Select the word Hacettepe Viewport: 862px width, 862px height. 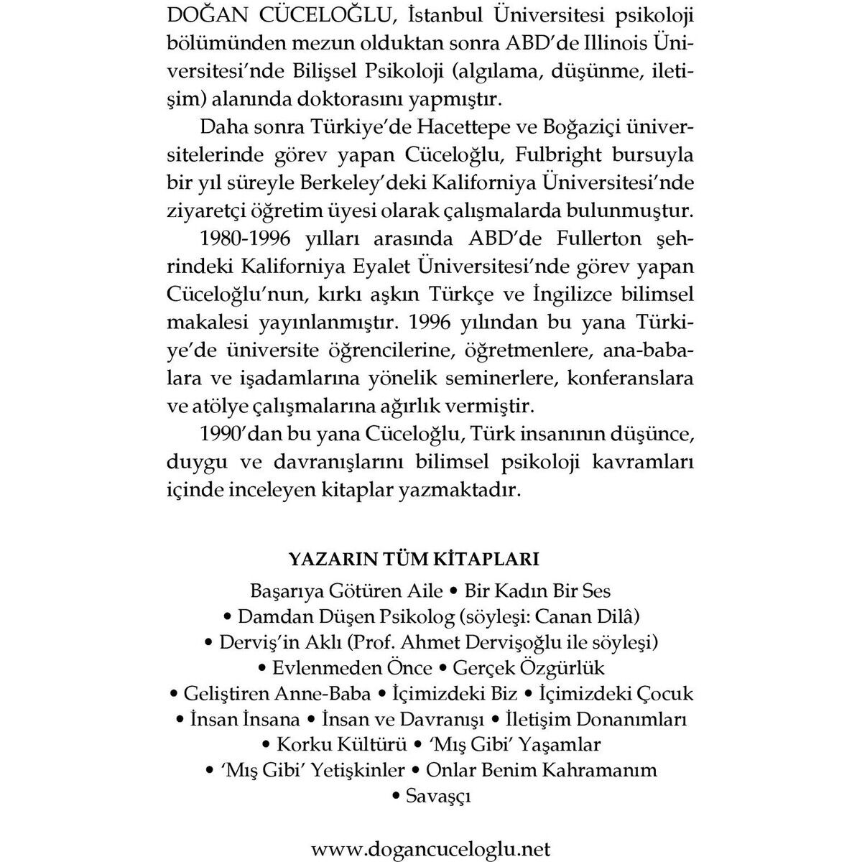click(x=469, y=127)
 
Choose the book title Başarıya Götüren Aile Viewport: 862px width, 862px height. click(x=346, y=590)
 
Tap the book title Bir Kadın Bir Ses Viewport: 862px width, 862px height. click(x=538, y=590)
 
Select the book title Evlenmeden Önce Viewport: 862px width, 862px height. click(x=352, y=668)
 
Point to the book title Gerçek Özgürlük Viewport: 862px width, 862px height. click(x=529, y=668)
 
